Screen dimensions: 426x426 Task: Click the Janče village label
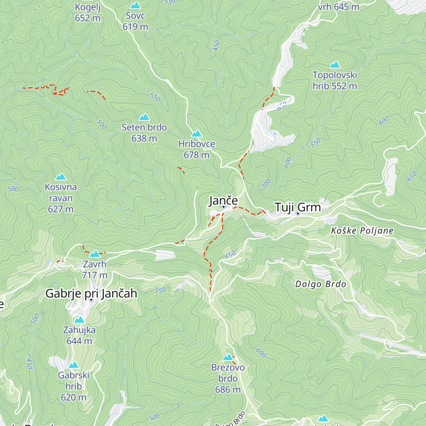[x=223, y=201]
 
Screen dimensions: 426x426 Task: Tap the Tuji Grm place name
[x=297, y=207]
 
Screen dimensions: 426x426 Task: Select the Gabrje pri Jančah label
[x=91, y=294]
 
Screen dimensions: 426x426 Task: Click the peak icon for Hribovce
[x=196, y=133]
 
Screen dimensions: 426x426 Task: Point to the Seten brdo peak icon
[x=144, y=117]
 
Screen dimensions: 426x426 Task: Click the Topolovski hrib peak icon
[x=335, y=65]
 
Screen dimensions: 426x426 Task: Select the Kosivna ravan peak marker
[x=61, y=176]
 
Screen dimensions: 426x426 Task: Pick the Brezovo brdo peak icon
[x=228, y=357]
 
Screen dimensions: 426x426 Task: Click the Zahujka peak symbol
[x=79, y=319]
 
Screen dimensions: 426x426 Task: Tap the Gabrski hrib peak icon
[x=73, y=365]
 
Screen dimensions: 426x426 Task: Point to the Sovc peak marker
[x=135, y=5]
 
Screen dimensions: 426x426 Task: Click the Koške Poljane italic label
[x=362, y=231]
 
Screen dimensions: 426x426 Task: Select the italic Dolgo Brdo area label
[x=321, y=284]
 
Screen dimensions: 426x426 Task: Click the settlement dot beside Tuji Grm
[x=298, y=214]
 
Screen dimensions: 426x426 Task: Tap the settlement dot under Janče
[x=224, y=207]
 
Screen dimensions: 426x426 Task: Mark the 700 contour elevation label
[x=266, y=184]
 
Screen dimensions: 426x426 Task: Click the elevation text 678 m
[x=196, y=155]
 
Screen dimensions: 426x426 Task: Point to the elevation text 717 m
[x=95, y=275]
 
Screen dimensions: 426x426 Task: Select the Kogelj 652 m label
[x=88, y=13]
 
